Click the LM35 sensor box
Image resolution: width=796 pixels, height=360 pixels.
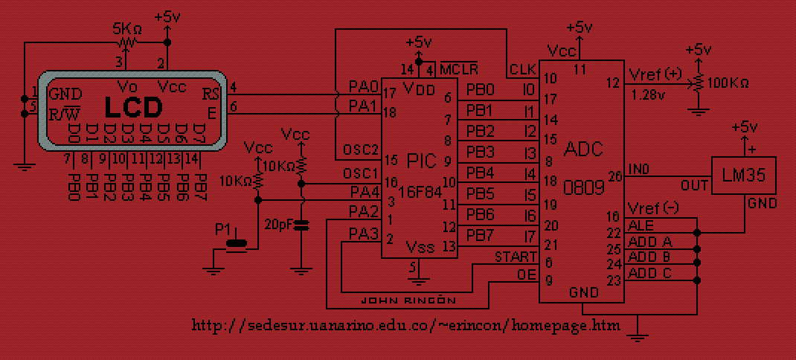743,175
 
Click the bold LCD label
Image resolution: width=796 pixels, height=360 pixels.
133,108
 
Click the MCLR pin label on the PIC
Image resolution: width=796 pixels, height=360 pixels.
458,69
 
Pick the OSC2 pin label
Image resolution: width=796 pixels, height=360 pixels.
362,148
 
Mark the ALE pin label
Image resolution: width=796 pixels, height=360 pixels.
641,225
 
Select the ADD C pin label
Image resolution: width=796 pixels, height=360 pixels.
650,273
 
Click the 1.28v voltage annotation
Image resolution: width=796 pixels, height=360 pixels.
646,94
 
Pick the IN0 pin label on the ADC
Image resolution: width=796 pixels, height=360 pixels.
639,170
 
